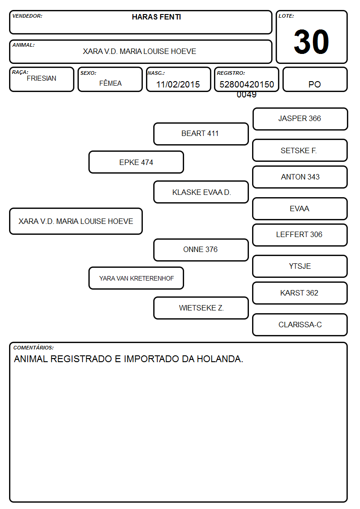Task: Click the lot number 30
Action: tap(311, 42)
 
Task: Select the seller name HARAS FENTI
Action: tap(156, 17)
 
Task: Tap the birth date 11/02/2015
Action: tap(178, 84)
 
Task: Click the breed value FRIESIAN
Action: tap(42, 78)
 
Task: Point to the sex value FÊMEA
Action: tap(110, 83)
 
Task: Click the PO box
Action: tap(315, 79)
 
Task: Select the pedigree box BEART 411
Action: tap(201, 134)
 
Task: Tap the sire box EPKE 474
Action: tap(136, 162)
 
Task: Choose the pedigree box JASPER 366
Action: tap(300, 119)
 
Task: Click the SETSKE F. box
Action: tap(300, 150)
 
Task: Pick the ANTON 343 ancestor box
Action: tap(300, 177)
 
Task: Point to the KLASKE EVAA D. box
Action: tap(201, 192)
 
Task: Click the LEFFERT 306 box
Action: tap(300, 235)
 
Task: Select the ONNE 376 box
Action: tap(201, 250)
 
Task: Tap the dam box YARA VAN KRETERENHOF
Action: tap(136, 278)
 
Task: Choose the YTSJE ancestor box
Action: tap(300, 266)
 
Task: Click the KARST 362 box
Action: tap(300, 293)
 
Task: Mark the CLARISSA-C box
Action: tap(300, 325)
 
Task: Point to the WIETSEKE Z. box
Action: tap(201, 308)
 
